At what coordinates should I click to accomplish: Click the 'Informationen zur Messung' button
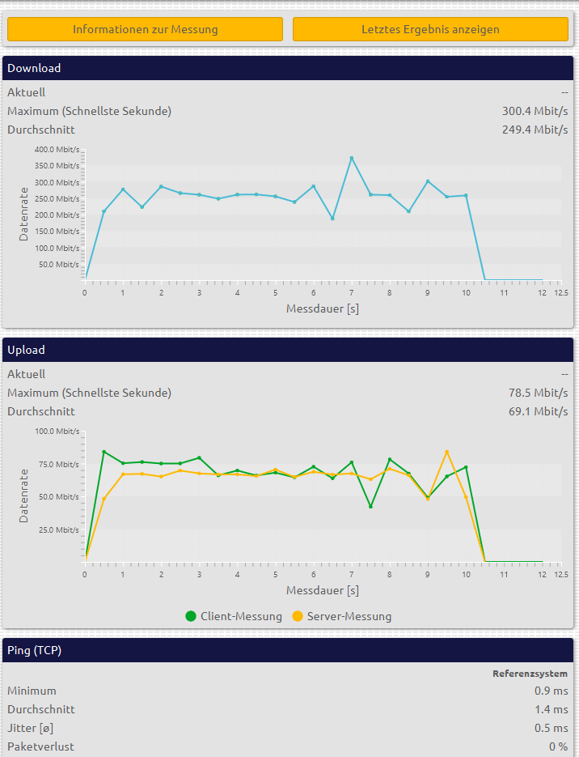pyautogui.click(x=145, y=29)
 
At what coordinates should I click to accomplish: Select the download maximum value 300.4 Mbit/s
pyautogui.click(x=535, y=111)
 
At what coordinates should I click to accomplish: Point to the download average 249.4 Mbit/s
pyautogui.click(x=535, y=130)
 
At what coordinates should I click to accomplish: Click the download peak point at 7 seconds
pyautogui.click(x=352, y=158)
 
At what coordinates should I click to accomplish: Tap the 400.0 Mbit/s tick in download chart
pyautogui.click(x=57, y=150)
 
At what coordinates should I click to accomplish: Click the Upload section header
pyautogui.click(x=26, y=350)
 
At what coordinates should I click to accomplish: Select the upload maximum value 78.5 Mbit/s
pyautogui.click(x=538, y=393)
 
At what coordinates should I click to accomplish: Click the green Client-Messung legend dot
pyautogui.click(x=191, y=616)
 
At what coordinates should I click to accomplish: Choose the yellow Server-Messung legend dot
pyautogui.click(x=298, y=616)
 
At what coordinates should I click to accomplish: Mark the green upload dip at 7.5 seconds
pyautogui.click(x=370, y=507)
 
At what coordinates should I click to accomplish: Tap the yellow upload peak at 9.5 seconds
pyautogui.click(x=446, y=452)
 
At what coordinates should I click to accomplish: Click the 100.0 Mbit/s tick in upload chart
pyautogui.click(x=57, y=432)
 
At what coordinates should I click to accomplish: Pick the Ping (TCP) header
pyautogui.click(x=34, y=650)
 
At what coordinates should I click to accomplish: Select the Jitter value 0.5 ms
pyautogui.click(x=553, y=728)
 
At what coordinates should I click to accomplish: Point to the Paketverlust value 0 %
pyautogui.click(x=558, y=746)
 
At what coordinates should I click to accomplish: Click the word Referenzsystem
pyautogui.click(x=530, y=674)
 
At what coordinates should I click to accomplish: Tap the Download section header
pyautogui.click(x=34, y=68)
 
